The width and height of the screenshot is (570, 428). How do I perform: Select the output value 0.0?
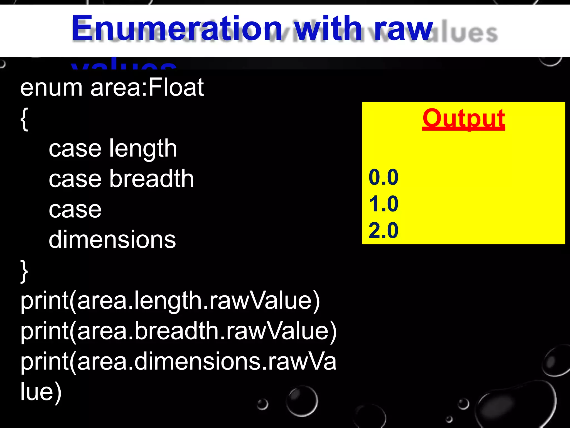click(383, 177)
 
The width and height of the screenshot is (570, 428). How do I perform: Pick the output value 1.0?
click(383, 204)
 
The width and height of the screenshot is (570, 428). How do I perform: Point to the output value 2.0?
click(383, 230)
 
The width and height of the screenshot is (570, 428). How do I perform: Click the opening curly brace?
click(24, 119)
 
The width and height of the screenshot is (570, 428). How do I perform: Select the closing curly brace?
click(24, 271)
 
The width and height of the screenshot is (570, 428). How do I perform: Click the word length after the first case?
click(143, 149)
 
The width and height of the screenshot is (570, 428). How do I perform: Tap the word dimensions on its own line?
click(112, 239)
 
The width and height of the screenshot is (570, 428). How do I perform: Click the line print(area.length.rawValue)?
click(170, 301)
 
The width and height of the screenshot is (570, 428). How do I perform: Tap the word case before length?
click(75, 149)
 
